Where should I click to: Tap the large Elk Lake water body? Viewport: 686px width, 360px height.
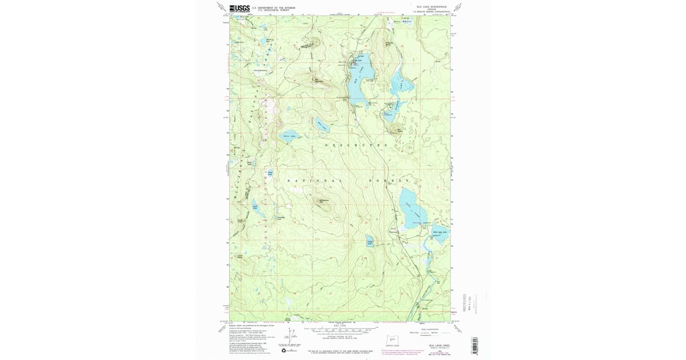361,77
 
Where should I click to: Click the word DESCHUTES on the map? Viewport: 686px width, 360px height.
356,145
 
